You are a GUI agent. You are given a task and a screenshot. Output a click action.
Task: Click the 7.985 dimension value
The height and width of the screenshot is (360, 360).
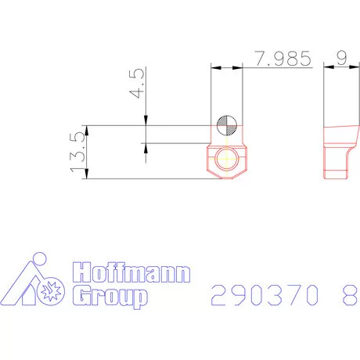pyautogui.click(x=278, y=59)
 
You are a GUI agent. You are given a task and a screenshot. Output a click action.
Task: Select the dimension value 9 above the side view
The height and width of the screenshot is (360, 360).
pyautogui.click(x=341, y=59)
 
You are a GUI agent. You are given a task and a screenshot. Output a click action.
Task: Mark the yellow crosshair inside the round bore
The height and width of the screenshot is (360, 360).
pyautogui.click(x=227, y=159)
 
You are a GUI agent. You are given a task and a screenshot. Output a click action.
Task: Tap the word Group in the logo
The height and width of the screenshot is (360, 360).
pyautogui.click(x=108, y=297)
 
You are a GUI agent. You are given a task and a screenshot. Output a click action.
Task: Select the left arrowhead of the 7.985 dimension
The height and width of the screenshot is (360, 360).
pyautogui.click(x=216, y=69)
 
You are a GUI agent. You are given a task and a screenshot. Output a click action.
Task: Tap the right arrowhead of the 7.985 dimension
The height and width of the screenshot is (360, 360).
pyautogui.click(x=239, y=69)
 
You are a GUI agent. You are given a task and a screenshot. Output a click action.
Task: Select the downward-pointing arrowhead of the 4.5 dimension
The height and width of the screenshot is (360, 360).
pyautogui.click(x=146, y=119)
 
